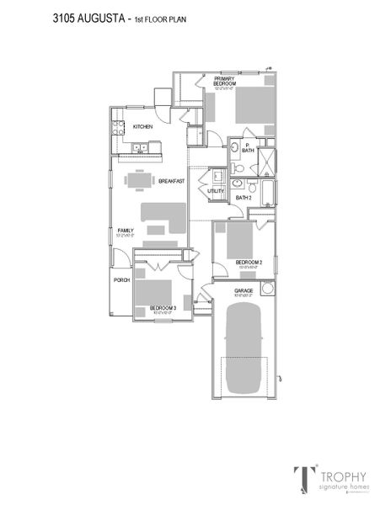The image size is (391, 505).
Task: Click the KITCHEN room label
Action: coord(142,127)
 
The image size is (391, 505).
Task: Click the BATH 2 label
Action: coord(244,197)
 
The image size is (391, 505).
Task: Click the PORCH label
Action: coord(121,279)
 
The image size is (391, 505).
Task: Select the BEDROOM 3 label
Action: coord(163,309)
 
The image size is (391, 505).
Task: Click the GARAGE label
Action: coord(244,291)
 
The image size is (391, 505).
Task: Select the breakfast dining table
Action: coord(141,180)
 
